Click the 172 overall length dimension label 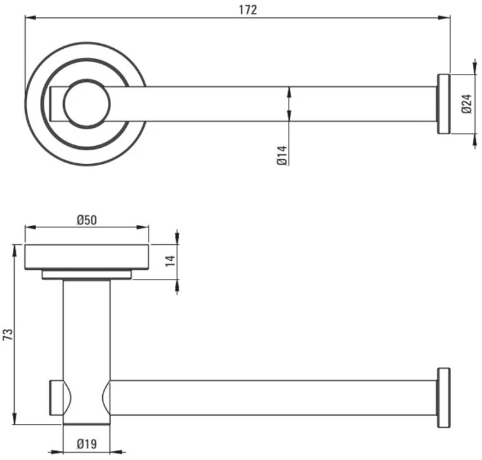[x=248, y=10]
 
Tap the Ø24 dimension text [x=467, y=104]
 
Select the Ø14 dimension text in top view [x=282, y=155]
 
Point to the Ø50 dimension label [x=87, y=220]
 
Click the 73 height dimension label [x=8, y=334]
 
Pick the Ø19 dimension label [x=87, y=444]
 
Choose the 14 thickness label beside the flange [x=170, y=261]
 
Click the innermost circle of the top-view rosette [x=87, y=104]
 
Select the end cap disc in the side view [x=443, y=398]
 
